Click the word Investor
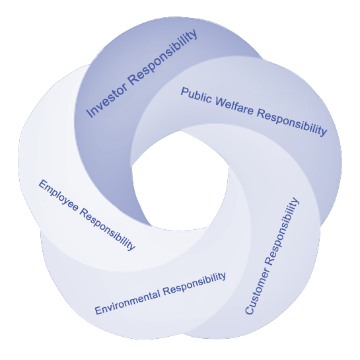click(x=107, y=100)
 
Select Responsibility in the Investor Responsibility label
click(x=162, y=57)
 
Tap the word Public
click(x=196, y=95)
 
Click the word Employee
click(x=59, y=196)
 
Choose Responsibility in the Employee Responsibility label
click(x=108, y=231)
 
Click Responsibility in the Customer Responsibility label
click(x=283, y=231)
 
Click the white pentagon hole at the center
click(x=180, y=182)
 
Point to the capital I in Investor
click(x=89, y=114)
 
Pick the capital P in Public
click(x=184, y=92)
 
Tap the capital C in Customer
click(x=249, y=310)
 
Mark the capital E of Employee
click(x=42, y=184)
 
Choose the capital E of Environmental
click(x=98, y=310)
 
